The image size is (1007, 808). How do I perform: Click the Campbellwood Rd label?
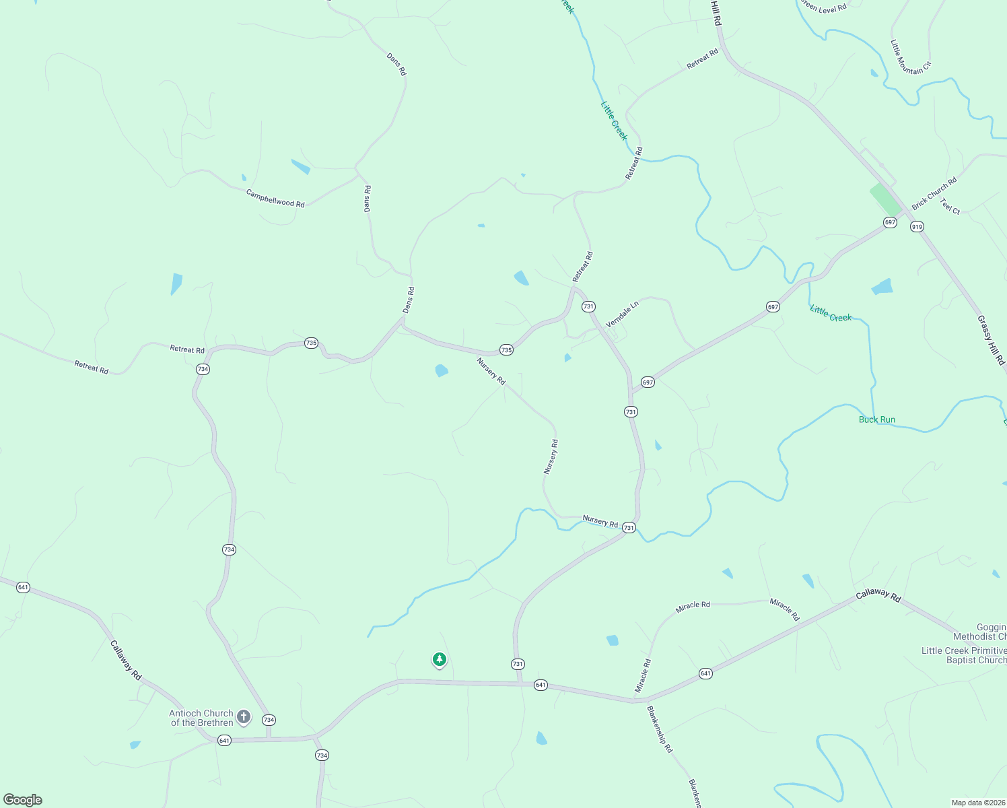(x=275, y=198)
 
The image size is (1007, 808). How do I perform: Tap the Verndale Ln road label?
(x=622, y=314)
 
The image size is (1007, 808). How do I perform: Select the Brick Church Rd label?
(x=934, y=193)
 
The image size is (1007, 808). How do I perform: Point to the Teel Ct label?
(x=950, y=207)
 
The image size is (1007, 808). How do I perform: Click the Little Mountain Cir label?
(x=911, y=57)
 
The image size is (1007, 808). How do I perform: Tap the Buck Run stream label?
(x=876, y=419)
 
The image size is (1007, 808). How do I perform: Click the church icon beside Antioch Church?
(x=244, y=717)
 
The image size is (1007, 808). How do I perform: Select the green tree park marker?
(x=440, y=659)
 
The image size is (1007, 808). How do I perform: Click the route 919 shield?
(x=917, y=227)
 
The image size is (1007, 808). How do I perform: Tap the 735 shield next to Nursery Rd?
(x=506, y=350)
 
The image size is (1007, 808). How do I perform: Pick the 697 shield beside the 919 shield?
(x=890, y=222)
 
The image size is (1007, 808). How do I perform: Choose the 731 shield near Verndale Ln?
(x=588, y=306)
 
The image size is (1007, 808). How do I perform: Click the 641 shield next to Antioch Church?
(x=224, y=741)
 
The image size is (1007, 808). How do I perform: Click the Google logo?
(x=22, y=800)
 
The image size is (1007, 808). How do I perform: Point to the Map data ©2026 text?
(x=977, y=803)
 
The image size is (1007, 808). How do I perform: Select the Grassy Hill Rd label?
(x=991, y=340)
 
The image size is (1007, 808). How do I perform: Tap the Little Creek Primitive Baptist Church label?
(x=963, y=655)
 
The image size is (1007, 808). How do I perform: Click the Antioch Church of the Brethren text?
(x=201, y=718)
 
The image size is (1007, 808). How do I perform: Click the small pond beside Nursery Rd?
(x=442, y=370)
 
